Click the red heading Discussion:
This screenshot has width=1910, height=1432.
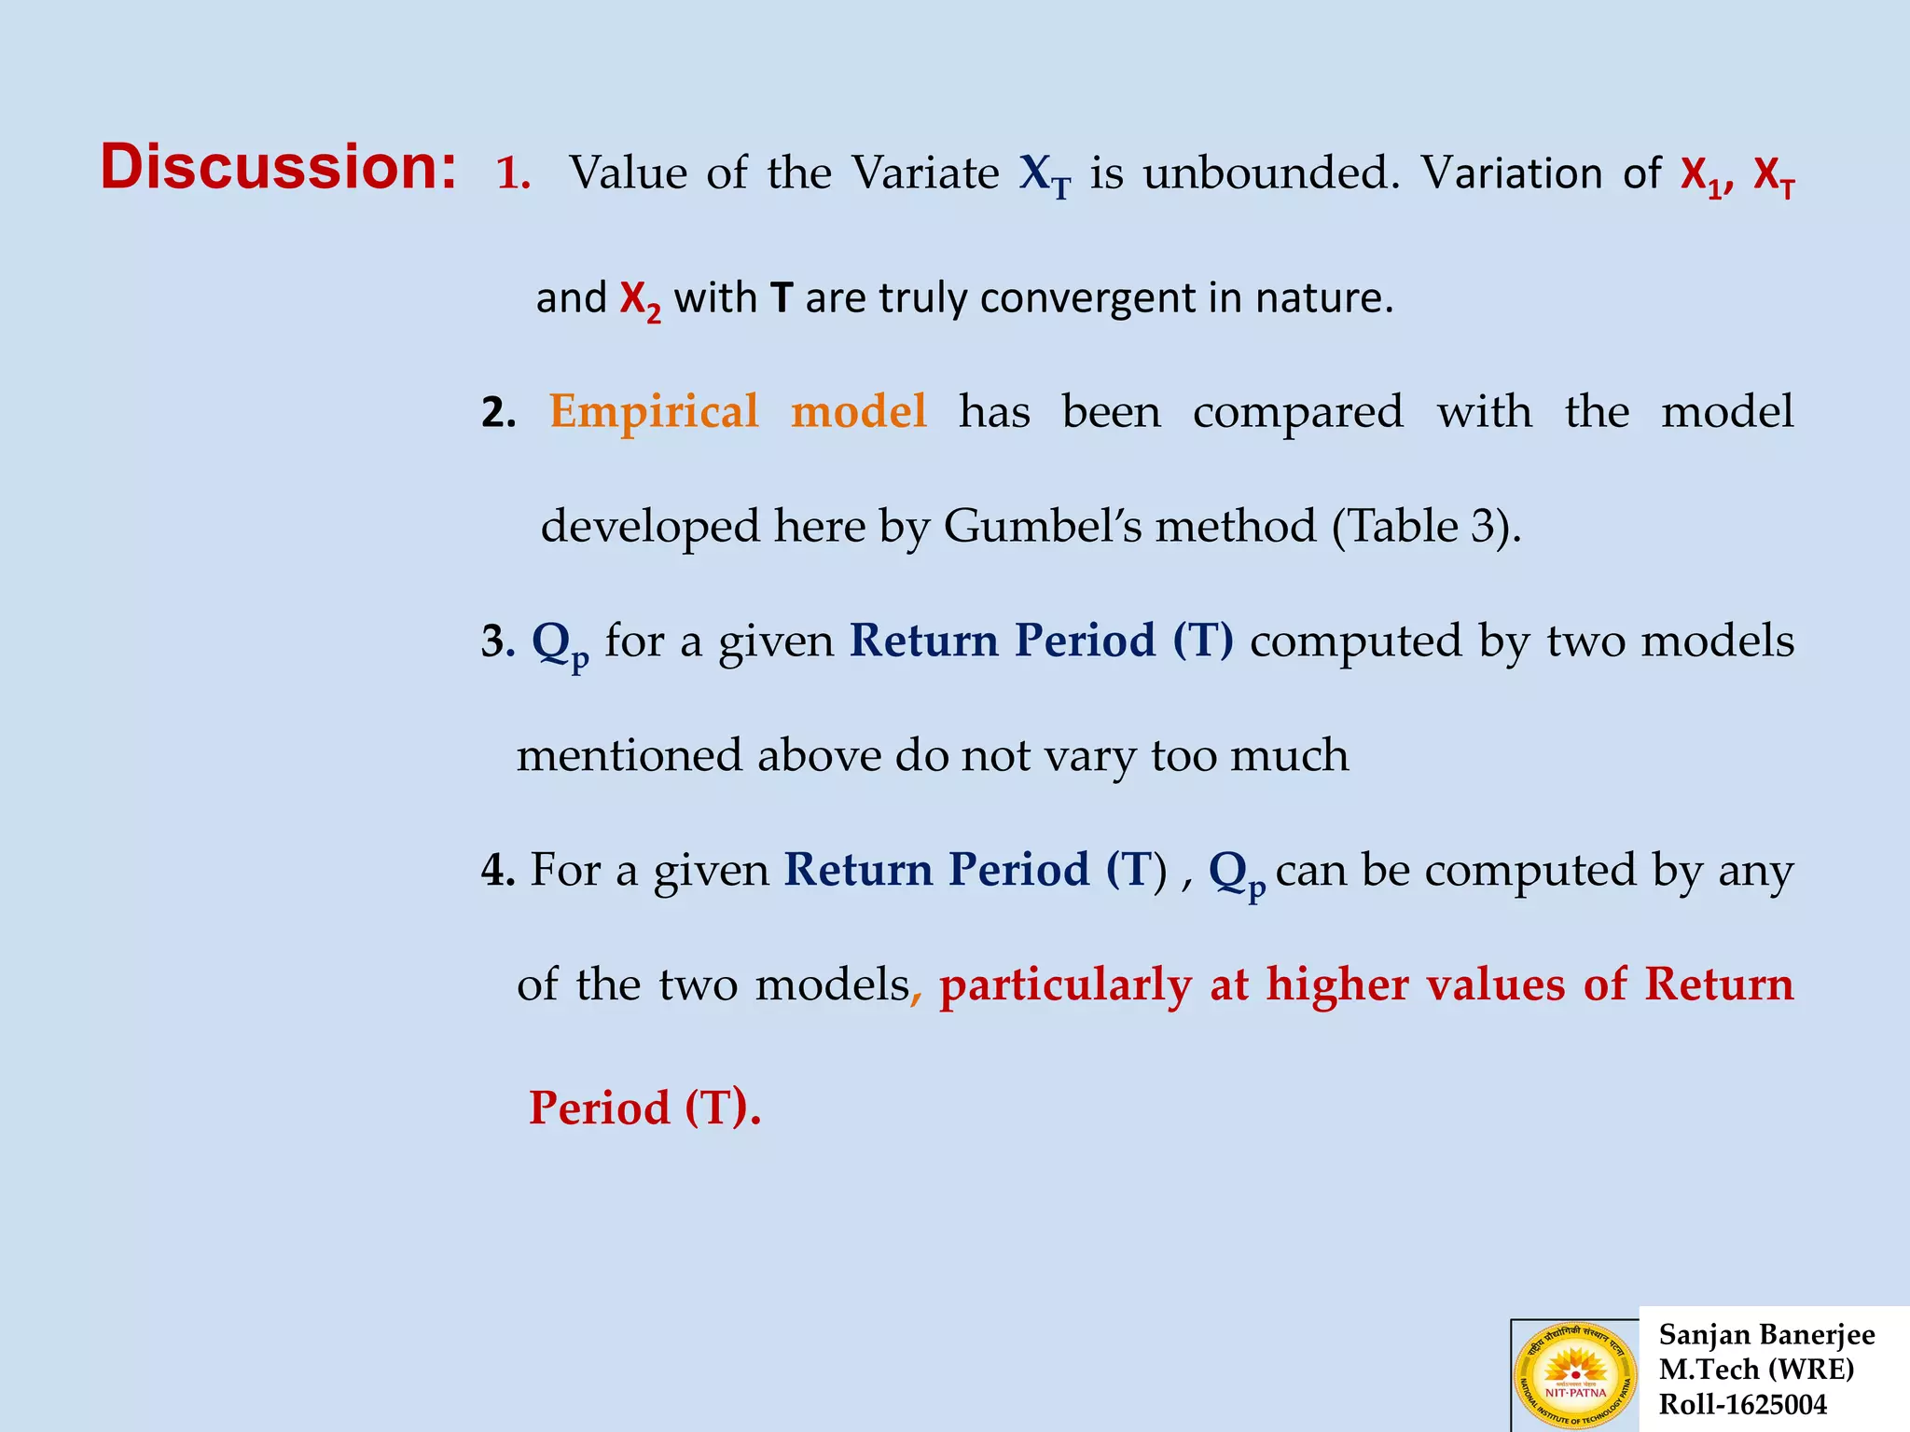tap(278, 168)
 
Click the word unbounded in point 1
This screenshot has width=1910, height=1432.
tap(1271, 173)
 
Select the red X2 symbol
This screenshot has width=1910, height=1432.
tap(640, 300)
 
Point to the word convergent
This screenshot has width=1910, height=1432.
tap(1087, 299)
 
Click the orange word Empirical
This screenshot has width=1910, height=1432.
tap(654, 411)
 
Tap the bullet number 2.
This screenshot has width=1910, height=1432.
tap(498, 412)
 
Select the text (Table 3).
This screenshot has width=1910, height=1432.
tap(1427, 527)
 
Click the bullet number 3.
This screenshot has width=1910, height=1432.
tap(497, 641)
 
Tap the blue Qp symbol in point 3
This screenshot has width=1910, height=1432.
tap(559, 643)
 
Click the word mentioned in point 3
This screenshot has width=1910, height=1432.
tap(630, 755)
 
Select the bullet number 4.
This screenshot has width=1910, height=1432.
tap(497, 870)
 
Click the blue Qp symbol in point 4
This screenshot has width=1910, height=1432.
tap(1236, 873)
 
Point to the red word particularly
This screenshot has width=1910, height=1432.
tap(1065, 985)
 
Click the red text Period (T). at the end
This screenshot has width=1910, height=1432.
tap(644, 1108)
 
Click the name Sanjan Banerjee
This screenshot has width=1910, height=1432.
tap(1766, 1335)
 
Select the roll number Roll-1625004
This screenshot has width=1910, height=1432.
tap(1742, 1405)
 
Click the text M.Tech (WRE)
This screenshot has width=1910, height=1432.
tap(1756, 1370)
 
